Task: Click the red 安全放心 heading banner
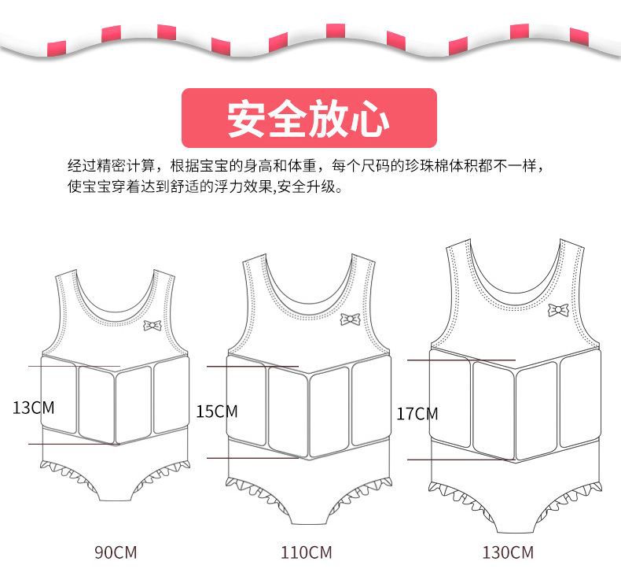tap(309, 118)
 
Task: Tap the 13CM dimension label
tap(33, 408)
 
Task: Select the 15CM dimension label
tap(216, 411)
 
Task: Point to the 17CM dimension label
tap(417, 413)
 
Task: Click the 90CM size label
tap(116, 552)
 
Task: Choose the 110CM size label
tap(307, 552)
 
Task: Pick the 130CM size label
tap(508, 552)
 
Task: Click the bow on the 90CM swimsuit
tap(152, 324)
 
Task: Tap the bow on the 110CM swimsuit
tap(350, 319)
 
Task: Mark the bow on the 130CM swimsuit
tap(558, 309)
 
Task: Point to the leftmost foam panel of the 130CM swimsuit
tap(450, 408)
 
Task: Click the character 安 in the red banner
tap(244, 119)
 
